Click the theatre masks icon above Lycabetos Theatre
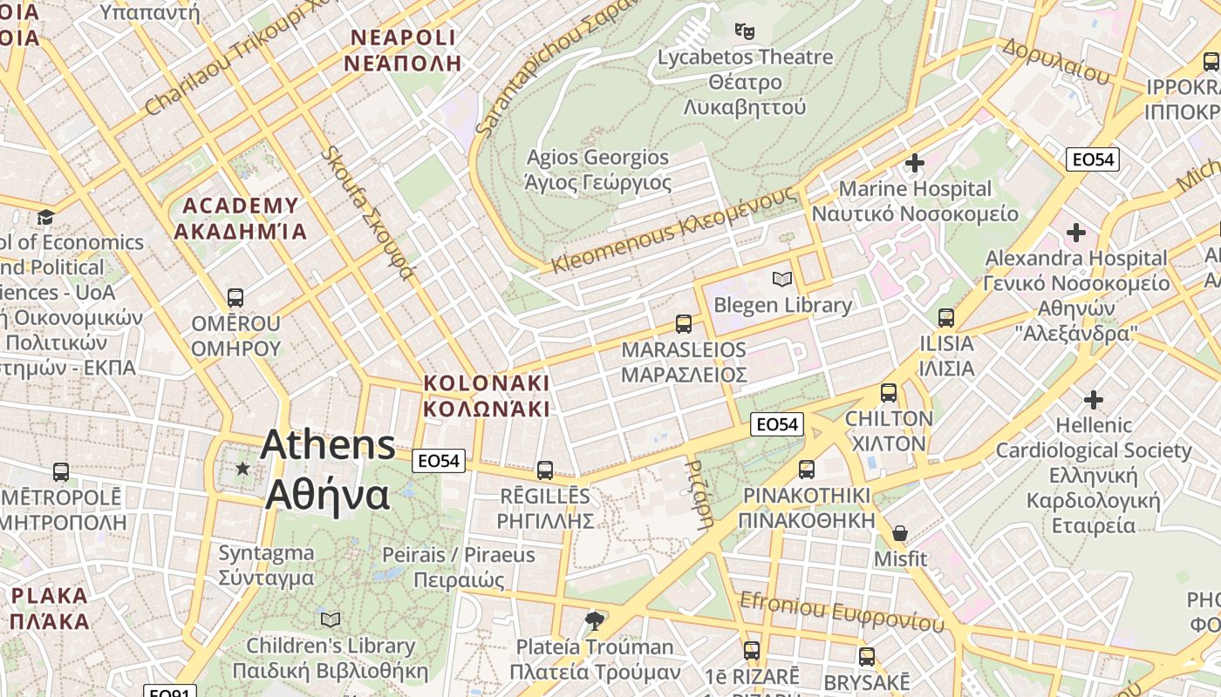coord(744,31)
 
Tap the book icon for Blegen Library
coord(782,279)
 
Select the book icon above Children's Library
coord(331,619)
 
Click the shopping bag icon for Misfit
coord(899,532)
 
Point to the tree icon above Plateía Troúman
coord(595,620)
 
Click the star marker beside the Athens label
coord(242,469)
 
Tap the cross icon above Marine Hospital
coord(914,163)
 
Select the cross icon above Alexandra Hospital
coord(1076,233)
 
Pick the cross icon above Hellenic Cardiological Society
coord(1093,400)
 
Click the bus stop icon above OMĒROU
coord(235,298)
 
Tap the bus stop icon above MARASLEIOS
coord(684,324)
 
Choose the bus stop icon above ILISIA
coord(946,318)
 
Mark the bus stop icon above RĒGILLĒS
coord(545,470)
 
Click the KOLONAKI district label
coord(486,396)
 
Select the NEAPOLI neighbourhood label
coord(402,50)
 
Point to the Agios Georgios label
coord(597,170)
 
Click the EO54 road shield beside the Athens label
coord(439,461)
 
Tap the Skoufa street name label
coord(366,213)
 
